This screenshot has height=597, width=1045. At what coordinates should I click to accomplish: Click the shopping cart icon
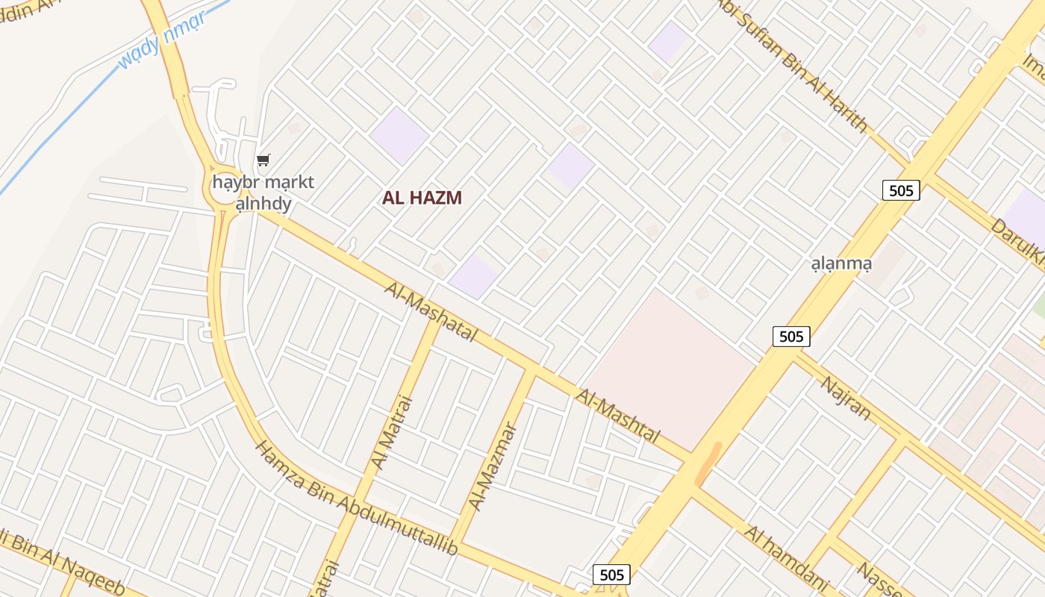263,160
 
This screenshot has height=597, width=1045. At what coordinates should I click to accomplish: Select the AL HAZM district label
422,198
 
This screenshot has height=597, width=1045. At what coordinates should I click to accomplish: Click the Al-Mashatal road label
431,311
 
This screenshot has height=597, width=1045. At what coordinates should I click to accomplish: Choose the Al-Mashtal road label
618,415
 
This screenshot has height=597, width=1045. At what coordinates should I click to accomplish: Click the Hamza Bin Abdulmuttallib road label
356,499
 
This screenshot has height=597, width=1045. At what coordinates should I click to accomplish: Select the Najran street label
846,398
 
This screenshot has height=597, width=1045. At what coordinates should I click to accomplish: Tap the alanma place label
841,263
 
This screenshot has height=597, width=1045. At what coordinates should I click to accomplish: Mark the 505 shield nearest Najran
790,337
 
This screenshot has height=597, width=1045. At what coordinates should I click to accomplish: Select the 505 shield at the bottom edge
611,575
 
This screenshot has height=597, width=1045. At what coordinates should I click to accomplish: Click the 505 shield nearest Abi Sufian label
901,190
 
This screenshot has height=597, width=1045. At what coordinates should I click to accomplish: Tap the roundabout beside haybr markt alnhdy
224,195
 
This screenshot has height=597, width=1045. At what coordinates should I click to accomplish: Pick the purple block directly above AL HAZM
399,135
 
